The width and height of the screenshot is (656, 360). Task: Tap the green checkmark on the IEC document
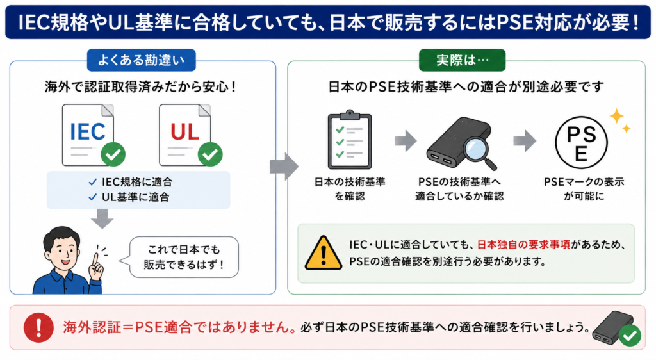coord(113,154)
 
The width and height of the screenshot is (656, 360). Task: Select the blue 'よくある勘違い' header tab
coord(142,60)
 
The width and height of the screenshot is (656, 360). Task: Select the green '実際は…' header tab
coord(463,60)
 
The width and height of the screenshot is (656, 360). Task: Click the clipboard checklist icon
coord(350,140)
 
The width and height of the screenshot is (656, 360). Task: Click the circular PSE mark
coord(581,143)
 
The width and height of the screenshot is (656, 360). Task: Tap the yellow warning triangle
coord(323,253)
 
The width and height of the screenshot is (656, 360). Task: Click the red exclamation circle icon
coord(38,327)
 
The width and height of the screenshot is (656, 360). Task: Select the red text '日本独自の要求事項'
coord(523,245)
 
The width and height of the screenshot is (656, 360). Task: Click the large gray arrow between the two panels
coord(284,167)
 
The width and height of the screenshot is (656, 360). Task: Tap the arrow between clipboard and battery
coord(406,140)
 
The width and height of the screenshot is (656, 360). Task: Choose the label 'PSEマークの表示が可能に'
coord(584,189)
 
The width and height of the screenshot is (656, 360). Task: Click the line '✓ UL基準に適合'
coord(129,197)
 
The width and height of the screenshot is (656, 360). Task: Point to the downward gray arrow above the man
coord(102,218)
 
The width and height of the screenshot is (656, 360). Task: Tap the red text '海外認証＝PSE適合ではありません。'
coord(180,327)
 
